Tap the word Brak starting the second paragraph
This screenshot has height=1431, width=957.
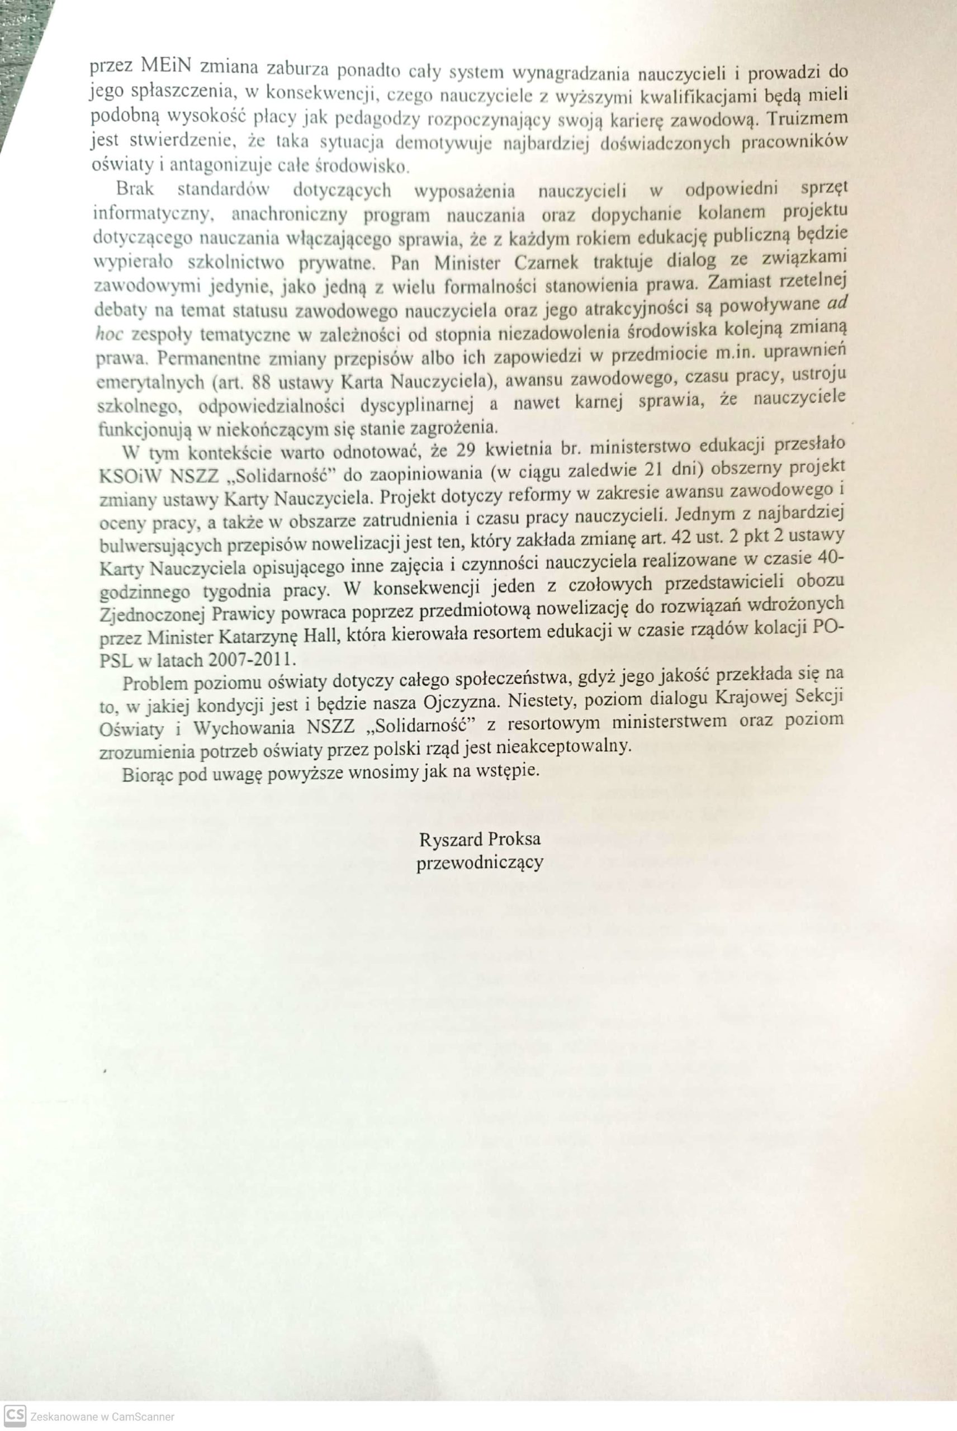(134, 188)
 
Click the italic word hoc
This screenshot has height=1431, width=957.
(111, 334)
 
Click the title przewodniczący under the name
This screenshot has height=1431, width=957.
(479, 864)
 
